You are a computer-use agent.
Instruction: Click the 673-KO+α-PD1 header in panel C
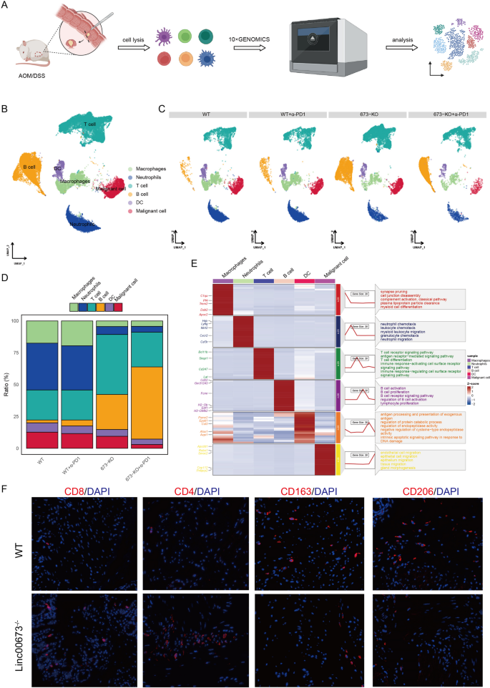coord(441,114)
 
